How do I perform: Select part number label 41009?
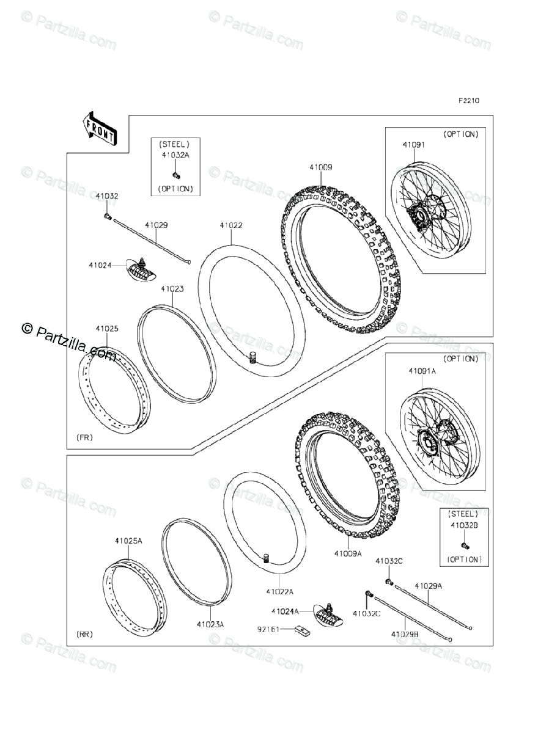(320, 167)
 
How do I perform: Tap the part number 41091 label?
(413, 145)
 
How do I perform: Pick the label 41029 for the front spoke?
(156, 225)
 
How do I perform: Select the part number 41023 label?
(172, 289)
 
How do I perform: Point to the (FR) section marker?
(85, 437)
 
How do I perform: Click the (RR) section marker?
(85, 635)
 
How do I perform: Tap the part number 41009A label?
(347, 553)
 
